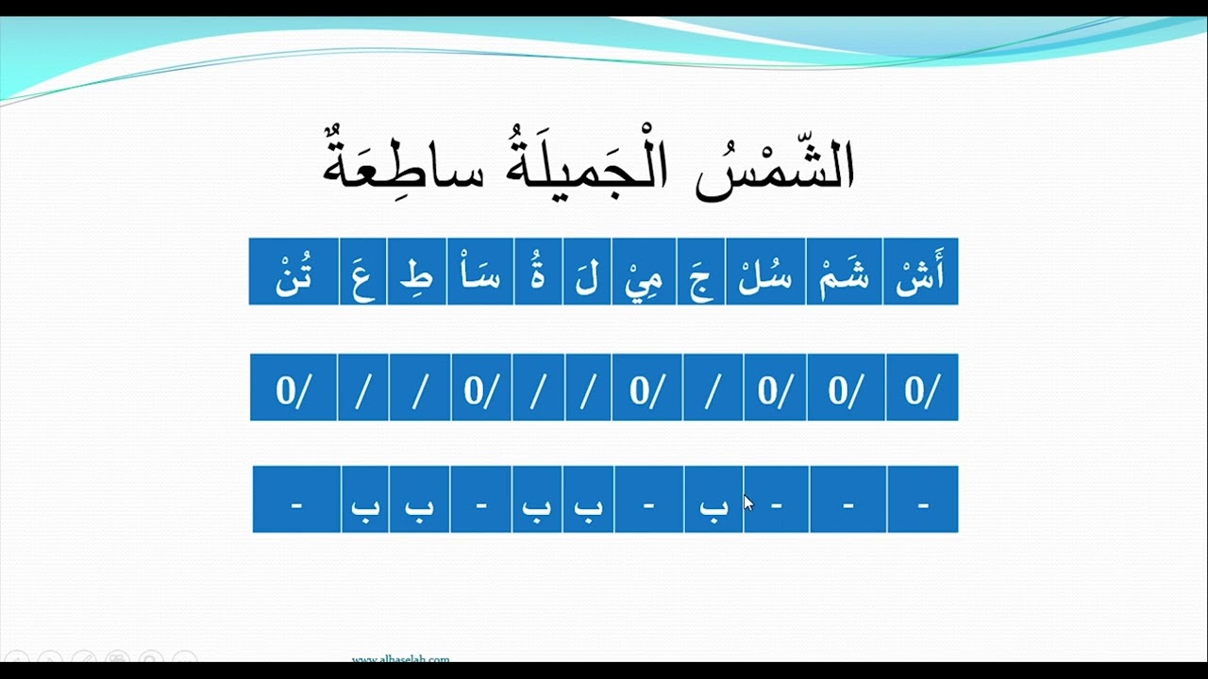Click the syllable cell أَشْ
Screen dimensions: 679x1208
[920, 273]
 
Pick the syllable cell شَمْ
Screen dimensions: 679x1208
[844, 273]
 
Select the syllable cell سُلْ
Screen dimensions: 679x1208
[765, 273]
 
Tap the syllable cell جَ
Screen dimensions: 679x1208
[701, 273]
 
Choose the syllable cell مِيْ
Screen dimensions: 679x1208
[644, 273]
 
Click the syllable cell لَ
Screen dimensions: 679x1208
[587, 273]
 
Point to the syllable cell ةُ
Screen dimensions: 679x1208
[538, 273]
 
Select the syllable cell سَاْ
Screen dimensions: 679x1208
[480, 273]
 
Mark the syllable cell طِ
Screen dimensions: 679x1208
[417, 273]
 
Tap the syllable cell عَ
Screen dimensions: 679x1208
[362, 273]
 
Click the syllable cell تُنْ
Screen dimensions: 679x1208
[294, 273]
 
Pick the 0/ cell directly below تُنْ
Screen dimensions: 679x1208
[294, 388]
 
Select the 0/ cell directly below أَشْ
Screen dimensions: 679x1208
[922, 388]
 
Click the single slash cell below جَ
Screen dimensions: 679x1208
[713, 388]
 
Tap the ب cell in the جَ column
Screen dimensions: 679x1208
[713, 500]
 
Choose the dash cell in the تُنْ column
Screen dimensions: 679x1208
[296, 500]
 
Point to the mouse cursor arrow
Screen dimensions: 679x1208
[747, 503]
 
